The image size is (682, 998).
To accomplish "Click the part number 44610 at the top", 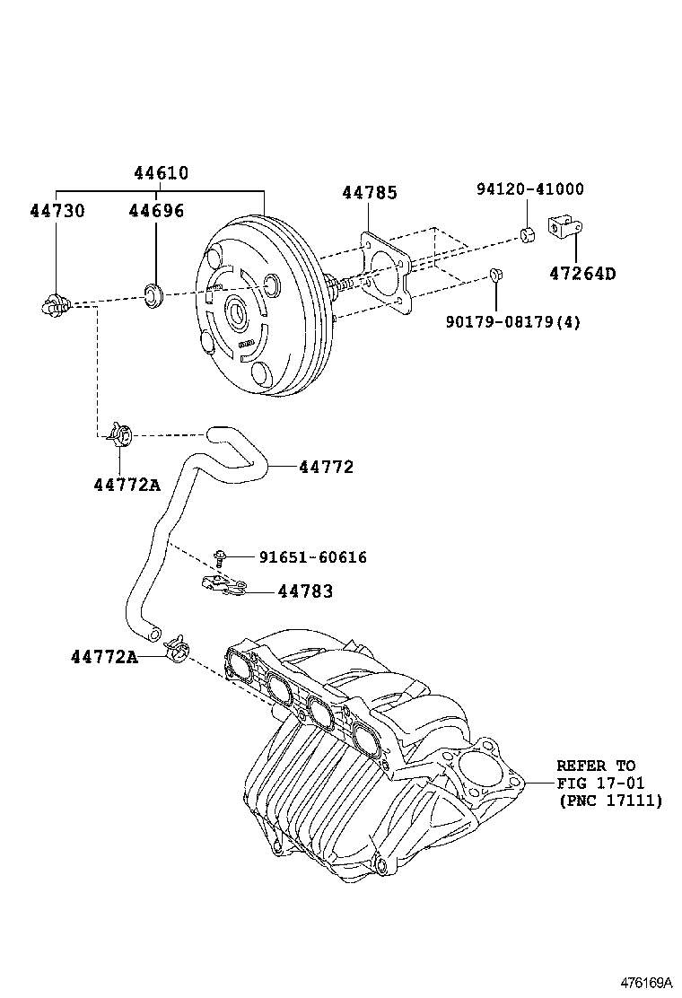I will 162,173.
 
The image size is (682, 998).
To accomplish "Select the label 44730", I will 57,211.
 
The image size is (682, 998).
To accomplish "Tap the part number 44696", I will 156,211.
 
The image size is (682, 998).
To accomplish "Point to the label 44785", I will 369,193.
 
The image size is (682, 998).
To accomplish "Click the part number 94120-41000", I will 529,189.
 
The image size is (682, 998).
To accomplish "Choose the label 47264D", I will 582,274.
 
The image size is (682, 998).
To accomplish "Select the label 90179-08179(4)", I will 512,321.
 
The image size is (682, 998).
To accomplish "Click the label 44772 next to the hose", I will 326,467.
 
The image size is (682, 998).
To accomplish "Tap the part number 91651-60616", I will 312,557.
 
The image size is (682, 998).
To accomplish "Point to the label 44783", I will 305,591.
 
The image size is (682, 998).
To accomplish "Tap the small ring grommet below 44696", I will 153,293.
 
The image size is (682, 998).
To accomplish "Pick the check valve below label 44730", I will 56,305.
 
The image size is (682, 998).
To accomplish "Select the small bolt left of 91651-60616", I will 219,556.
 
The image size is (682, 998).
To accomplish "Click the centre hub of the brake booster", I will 238,314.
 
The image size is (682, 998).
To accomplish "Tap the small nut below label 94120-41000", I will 528,236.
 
